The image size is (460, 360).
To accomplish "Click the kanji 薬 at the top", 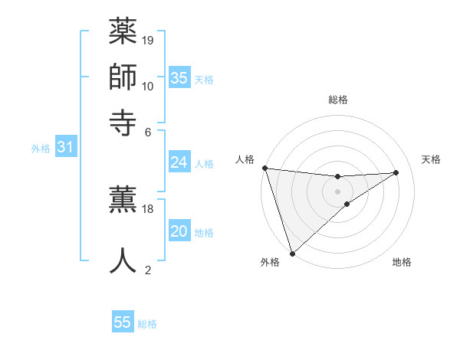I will click(123, 34).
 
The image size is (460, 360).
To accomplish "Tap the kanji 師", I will click(123, 77).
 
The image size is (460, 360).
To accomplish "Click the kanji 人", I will click(123, 260).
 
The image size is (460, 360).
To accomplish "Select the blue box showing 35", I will click(179, 77).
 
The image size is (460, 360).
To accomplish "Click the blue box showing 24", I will click(179, 162).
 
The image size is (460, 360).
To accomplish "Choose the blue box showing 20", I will click(179, 231).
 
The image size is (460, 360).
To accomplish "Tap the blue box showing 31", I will click(65, 147).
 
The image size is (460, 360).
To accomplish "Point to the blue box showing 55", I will click(123, 322).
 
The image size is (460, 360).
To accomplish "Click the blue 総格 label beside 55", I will click(148, 324).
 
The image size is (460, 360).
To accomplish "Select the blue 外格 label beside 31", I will click(41, 149).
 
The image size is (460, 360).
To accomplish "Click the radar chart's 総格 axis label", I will click(338, 100).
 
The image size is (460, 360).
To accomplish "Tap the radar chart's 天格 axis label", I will click(431, 159).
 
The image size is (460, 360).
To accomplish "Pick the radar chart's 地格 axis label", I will click(402, 263).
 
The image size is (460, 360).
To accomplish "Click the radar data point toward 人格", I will click(264, 168).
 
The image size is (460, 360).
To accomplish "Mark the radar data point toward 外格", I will click(292, 252).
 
